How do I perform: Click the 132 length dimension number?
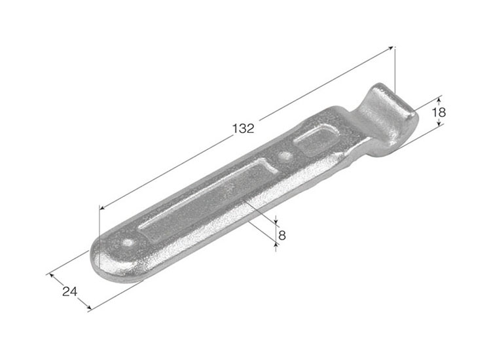(x=244, y=128)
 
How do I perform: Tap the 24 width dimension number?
(x=70, y=291)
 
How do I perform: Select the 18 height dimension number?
(x=439, y=112)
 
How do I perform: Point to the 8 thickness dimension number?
(x=282, y=235)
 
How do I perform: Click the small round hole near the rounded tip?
(x=128, y=243)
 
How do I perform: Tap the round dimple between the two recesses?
(x=284, y=156)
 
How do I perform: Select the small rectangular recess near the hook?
(x=317, y=140)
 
